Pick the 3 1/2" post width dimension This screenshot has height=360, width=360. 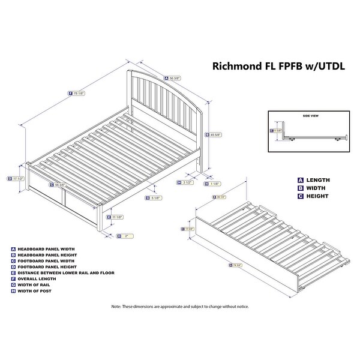(186, 182)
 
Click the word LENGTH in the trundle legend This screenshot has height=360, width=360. (317, 180)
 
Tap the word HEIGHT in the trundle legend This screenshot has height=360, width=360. (317, 196)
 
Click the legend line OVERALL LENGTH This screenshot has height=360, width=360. (38, 278)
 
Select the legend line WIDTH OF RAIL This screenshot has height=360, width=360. (37, 284)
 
